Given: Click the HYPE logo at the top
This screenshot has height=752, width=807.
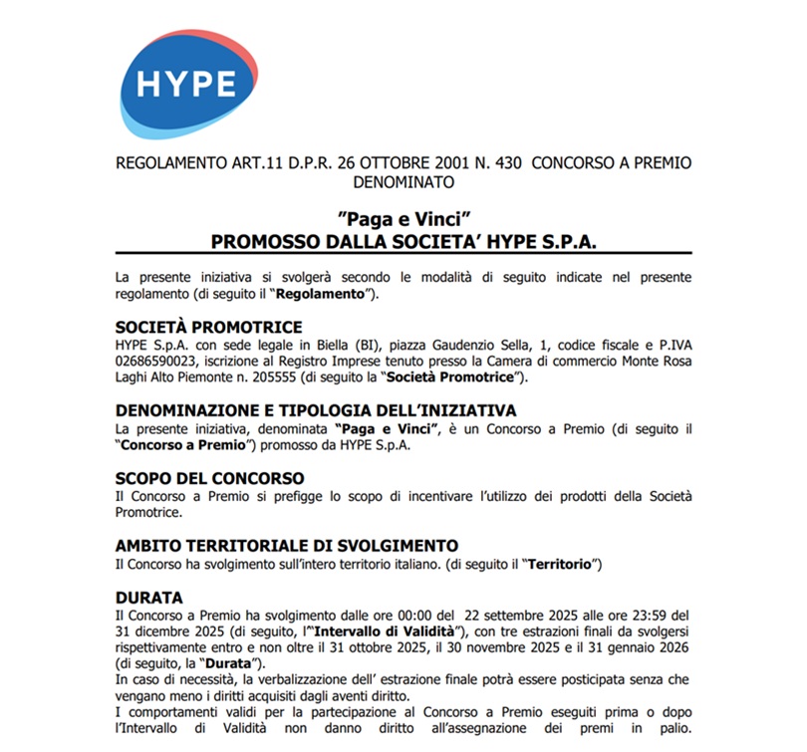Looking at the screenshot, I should pos(186,83).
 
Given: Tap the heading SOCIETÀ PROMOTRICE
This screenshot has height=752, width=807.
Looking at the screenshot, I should pos(209,328).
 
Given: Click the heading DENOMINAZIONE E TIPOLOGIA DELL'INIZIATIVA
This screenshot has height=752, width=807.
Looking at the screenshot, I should pos(316,410).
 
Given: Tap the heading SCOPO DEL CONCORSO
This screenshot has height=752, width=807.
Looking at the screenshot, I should pos(209,478).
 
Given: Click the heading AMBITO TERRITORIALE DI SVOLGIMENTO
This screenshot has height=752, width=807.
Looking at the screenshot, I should pos(287,546).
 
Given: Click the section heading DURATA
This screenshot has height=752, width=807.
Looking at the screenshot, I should pos(149,598).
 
